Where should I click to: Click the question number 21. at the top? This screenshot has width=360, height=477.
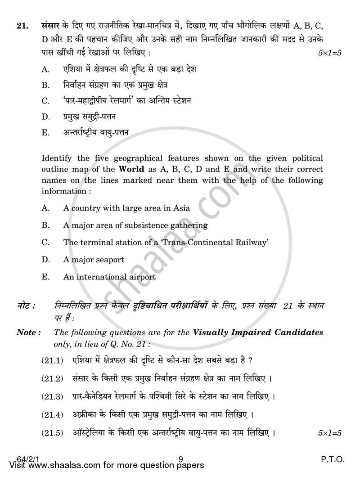point(22,26)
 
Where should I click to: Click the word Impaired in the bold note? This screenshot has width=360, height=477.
point(235,333)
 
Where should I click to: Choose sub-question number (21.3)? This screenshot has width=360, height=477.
point(52,396)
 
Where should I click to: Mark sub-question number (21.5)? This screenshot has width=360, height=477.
point(52,433)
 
